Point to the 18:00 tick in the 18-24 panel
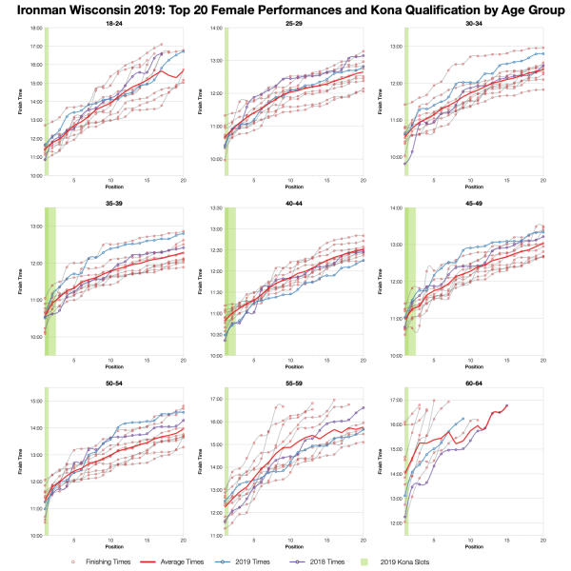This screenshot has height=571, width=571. pyautogui.click(x=33, y=29)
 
